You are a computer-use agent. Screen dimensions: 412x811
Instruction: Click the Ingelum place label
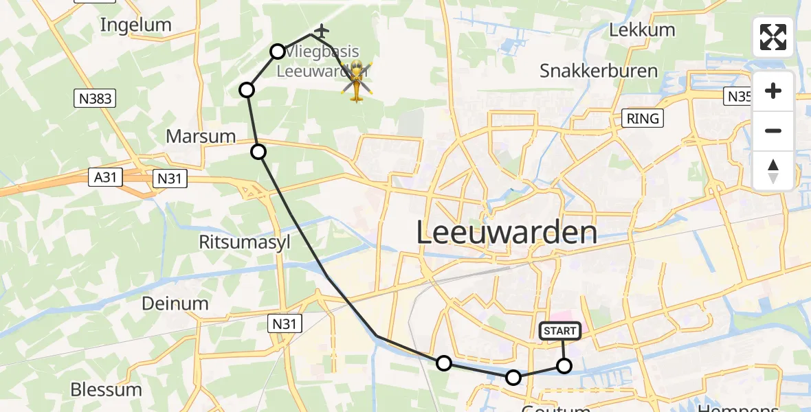tap(135, 25)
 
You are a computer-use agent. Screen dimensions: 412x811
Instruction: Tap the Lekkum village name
tap(642, 30)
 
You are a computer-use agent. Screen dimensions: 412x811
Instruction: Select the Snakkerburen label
tap(599, 71)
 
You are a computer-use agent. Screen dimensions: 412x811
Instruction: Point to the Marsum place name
tap(201, 136)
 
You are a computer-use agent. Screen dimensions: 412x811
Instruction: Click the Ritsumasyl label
tap(235, 242)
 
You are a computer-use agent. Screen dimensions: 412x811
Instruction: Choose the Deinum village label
tap(175, 304)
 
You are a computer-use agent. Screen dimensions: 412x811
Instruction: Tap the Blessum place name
tap(106, 389)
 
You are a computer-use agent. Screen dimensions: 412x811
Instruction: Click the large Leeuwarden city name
tap(507, 233)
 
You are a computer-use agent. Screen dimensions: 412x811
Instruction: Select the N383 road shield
tap(95, 99)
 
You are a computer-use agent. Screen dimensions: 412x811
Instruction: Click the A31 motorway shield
tap(105, 178)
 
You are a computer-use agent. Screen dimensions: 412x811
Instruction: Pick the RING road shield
tap(643, 118)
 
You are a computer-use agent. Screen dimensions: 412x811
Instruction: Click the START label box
tap(560, 331)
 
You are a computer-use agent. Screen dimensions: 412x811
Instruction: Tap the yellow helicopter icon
tap(357, 81)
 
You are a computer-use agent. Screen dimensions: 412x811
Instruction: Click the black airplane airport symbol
tap(321, 31)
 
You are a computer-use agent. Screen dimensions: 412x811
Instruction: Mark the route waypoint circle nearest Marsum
tap(258, 152)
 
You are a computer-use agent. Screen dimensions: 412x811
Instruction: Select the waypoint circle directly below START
tap(564, 366)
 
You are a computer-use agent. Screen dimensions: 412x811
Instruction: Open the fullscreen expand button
tap(773, 37)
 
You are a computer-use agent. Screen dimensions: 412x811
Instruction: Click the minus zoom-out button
tap(773, 130)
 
